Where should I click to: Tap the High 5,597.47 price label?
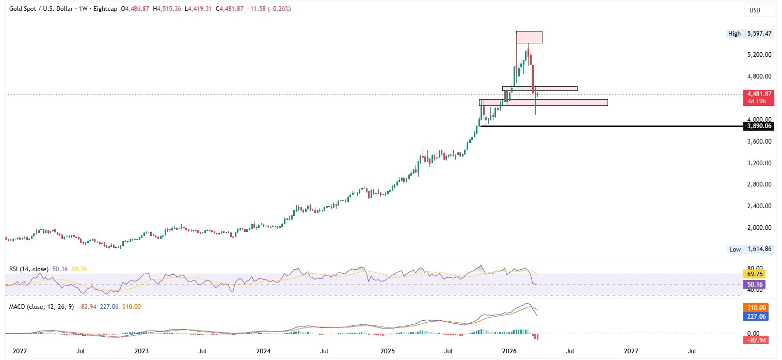click(750, 34)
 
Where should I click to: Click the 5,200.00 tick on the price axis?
click(757, 55)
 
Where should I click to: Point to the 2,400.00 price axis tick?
click(757, 206)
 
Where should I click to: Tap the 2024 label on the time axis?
click(264, 351)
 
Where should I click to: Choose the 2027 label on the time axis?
click(631, 351)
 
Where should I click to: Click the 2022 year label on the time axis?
click(20, 351)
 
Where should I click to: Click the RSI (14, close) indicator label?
click(29, 269)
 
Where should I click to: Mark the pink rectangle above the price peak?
click(529, 37)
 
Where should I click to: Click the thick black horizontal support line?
click(609, 126)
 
